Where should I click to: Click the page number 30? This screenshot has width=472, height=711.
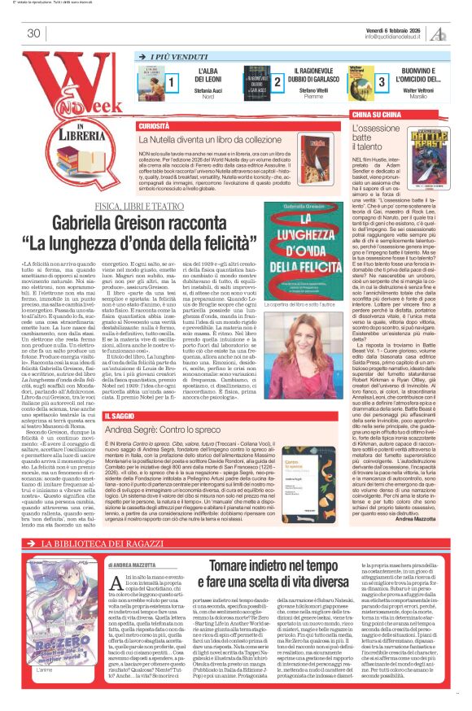(33, 33)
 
